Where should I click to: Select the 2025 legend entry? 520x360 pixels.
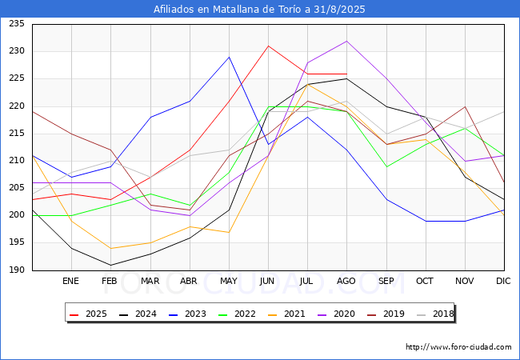88,314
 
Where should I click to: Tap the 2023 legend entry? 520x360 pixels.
187,314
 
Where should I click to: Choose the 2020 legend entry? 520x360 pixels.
336,314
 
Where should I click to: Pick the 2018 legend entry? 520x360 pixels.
435,314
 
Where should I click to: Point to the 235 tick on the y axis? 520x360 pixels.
17,23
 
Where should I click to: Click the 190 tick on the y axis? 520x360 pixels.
17,270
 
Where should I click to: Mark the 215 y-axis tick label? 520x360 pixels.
17,134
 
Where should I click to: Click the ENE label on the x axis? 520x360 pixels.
70,281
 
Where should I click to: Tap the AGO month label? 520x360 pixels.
346,281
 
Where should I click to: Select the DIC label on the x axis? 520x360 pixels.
503,281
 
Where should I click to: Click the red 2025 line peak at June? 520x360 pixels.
268,46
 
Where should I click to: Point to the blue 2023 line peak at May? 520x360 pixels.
229,57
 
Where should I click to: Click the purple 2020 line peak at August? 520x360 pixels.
347,41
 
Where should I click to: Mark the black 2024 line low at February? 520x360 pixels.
110,265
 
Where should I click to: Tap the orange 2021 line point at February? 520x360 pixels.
110,248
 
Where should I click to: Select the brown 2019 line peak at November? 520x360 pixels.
466,106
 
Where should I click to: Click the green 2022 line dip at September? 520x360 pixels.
386,166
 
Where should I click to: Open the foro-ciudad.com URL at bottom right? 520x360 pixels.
458,347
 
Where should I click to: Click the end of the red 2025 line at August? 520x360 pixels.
347,74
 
